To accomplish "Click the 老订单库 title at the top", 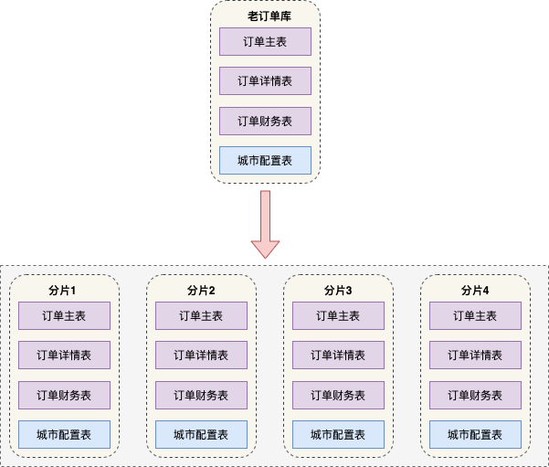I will point(265,16).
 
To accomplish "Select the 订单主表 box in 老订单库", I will point(265,41).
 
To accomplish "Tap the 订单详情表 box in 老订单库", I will point(265,80).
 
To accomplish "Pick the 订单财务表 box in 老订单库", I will point(265,121).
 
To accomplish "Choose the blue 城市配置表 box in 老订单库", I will point(265,160).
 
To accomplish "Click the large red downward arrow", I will point(265,224).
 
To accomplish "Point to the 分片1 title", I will point(64,291).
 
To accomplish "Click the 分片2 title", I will point(201,291).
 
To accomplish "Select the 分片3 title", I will point(338,291).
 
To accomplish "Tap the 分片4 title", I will point(475,291).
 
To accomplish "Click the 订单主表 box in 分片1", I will point(64,315).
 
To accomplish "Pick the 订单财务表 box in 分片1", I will point(64,395).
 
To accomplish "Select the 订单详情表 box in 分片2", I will point(201,355).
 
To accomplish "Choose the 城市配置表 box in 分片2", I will point(201,434).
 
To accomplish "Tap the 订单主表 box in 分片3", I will point(338,315).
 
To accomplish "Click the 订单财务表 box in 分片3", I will point(338,395).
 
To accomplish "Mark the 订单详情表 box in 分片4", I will point(475,355).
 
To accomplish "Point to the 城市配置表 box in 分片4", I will point(475,434).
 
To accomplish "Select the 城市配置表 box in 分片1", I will point(64,434).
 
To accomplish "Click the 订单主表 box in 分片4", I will point(475,315).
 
